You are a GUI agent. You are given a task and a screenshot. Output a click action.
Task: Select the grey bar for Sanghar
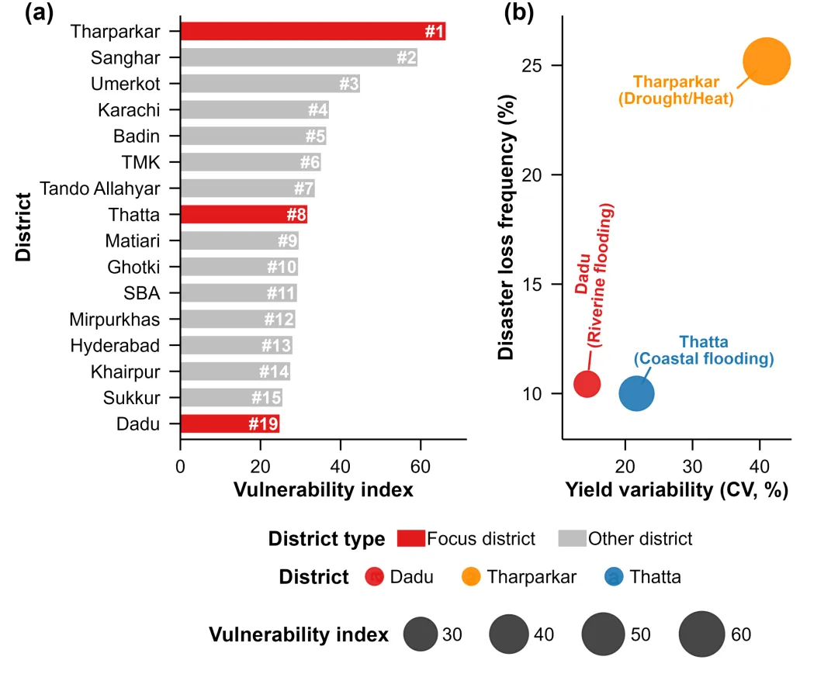[x=299, y=57]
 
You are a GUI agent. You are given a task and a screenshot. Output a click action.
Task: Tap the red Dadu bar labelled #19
[x=230, y=424]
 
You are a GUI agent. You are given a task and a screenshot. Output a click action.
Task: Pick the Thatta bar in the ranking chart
[x=244, y=215]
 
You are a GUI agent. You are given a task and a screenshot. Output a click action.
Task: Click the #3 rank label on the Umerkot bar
[x=348, y=84]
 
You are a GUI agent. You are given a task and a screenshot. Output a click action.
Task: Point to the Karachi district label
[x=128, y=110]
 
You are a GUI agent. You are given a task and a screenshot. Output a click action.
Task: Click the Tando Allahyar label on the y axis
[x=100, y=188]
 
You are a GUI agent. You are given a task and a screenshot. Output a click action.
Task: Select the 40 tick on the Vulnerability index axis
[x=340, y=468]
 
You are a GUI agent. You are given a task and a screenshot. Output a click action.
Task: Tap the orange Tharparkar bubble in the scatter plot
[x=767, y=62]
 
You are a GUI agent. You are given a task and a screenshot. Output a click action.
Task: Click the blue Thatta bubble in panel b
[x=636, y=393]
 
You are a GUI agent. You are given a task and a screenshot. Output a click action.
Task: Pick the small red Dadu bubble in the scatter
[x=587, y=383]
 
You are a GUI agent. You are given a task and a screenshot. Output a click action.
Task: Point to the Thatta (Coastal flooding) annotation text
[x=703, y=351]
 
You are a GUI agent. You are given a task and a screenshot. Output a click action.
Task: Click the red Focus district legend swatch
[x=410, y=538]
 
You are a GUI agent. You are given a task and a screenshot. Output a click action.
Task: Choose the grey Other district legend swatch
[x=571, y=538]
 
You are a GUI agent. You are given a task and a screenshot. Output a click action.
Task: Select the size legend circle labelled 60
[x=701, y=634]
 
